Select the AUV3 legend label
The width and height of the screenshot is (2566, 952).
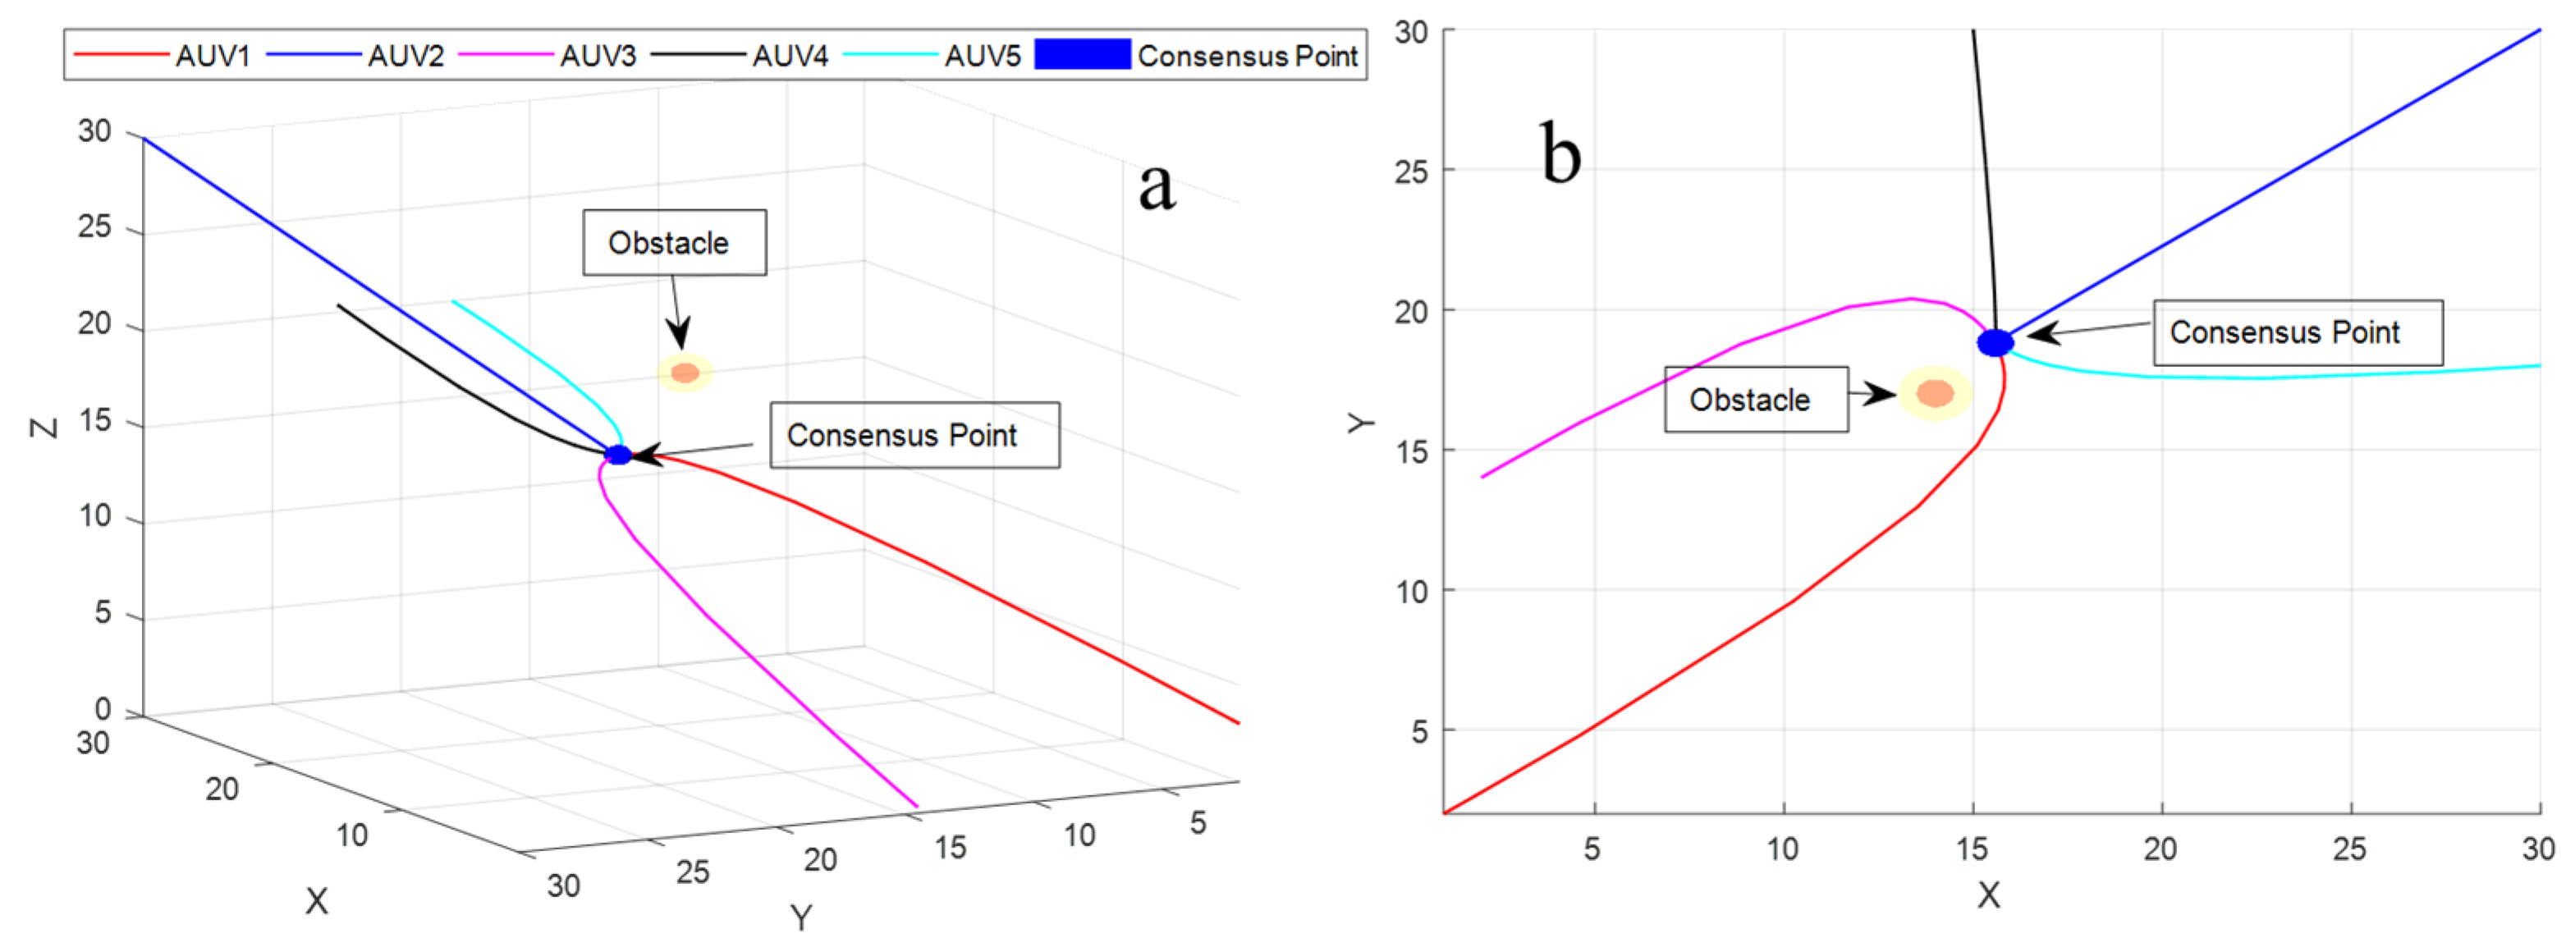[x=597, y=56]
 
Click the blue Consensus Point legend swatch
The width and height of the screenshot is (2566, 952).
[x=1082, y=55]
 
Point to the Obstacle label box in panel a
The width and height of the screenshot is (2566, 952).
[x=673, y=242]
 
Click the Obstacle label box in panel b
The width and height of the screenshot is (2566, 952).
[x=1755, y=400]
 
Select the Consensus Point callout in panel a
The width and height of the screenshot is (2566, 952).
[x=914, y=435]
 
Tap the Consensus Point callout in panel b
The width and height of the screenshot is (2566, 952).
[x=2296, y=332]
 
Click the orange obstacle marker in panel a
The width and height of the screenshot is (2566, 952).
[x=685, y=373]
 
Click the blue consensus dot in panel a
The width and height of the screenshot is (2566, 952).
[x=619, y=455]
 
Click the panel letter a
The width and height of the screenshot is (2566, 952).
[x=1157, y=186]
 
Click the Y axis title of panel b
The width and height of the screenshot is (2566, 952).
[x=1361, y=423]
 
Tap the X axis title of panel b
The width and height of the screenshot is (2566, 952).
[x=1988, y=895]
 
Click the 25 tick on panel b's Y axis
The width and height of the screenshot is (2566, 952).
[x=1410, y=172]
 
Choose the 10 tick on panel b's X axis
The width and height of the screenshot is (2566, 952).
[x=1782, y=849]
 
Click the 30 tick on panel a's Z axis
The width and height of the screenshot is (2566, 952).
[x=94, y=131]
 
